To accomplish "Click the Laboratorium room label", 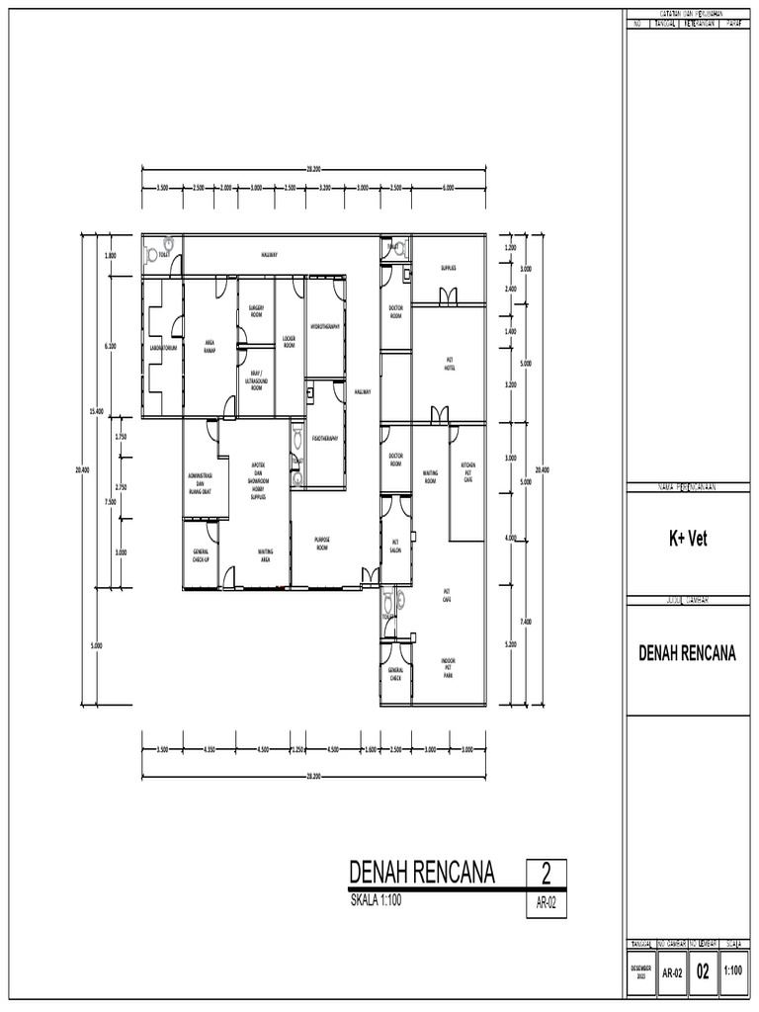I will (162, 348).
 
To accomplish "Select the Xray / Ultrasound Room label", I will (256, 380).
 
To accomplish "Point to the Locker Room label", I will (289, 341).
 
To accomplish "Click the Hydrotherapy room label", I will (325, 325).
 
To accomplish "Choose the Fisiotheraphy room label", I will (325, 438).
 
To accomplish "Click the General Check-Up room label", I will (201, 555).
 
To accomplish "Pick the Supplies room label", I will (449, 267).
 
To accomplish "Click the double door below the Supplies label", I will (449, 295).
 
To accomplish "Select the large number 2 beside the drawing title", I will (546, 874).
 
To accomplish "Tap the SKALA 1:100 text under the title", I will (376, 900).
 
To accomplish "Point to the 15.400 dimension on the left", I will (97, 411).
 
